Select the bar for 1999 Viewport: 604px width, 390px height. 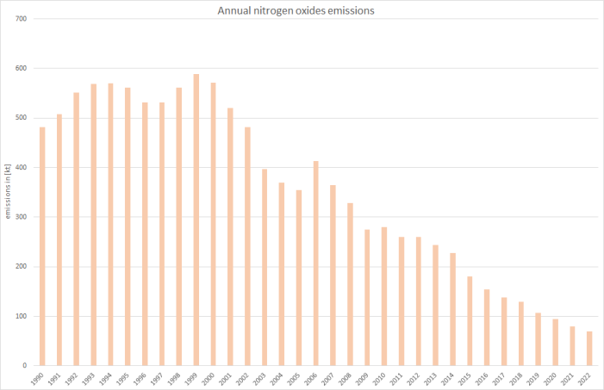196,220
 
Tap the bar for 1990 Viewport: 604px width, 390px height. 42,246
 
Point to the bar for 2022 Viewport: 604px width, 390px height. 589,349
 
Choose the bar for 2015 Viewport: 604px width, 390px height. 470,321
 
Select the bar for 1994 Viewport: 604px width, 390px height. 110,224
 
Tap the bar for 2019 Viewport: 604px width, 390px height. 539,339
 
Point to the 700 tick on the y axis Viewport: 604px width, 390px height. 21,19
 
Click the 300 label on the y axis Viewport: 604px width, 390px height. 21,217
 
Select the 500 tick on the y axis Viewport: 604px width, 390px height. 21,118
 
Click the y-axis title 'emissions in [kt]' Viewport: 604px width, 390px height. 8,193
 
